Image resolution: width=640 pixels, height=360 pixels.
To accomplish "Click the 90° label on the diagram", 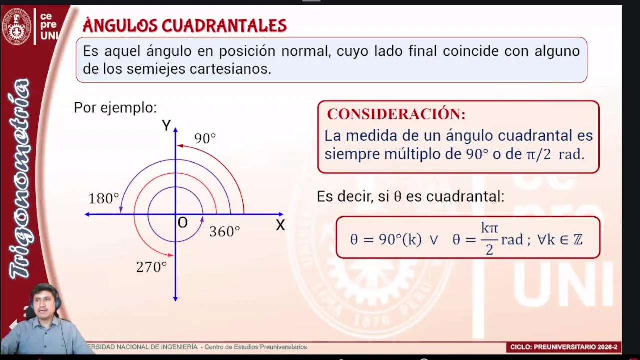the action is tap(205, 138).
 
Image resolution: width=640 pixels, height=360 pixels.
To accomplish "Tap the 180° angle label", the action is tap(104, 198).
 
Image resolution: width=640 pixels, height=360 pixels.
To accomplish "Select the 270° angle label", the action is tap(151, 267).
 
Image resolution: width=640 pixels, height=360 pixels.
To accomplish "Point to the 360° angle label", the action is tap(225, 231).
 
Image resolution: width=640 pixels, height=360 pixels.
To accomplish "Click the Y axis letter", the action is tap(166, 125).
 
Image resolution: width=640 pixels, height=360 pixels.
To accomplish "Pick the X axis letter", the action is tap(280, 225).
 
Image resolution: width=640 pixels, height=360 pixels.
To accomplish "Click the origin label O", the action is tap(183, 223).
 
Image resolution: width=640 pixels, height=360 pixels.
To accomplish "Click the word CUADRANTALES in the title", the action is tap(224, 25).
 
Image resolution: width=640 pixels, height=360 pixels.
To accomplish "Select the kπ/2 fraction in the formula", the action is tap(489, 239).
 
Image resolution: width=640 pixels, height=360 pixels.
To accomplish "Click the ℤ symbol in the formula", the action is tap(577, 239).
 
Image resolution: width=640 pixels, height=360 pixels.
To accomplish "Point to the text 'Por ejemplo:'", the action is tap(115, 108).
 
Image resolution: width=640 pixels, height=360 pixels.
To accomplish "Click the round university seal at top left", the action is tap(17, 26).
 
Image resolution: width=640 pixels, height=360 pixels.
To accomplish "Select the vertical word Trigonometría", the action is tap(19, 178).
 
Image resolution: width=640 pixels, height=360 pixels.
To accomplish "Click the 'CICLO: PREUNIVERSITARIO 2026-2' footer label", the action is tap(564, 347).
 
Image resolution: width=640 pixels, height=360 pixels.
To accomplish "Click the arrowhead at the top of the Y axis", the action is tap(175, 130).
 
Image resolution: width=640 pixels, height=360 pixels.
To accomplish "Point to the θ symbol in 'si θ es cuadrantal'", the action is tap(397, 196).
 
